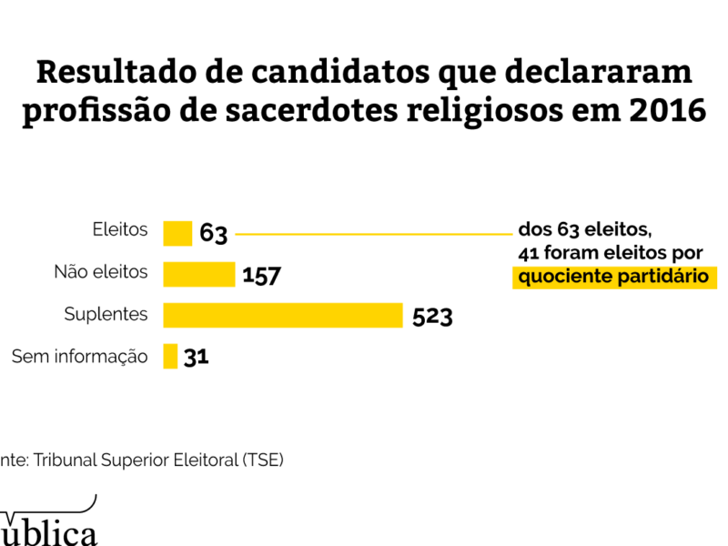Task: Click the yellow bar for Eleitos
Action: [177, 233]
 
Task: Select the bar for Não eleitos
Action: [199, 274]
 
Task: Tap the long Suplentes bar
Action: [283, 315]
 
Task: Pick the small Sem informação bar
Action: [170, 356]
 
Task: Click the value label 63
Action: [213, 234]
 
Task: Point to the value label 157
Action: [261, 275]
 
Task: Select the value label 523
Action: [432, 316]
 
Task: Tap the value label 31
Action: [197, 357]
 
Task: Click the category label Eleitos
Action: [120, 230]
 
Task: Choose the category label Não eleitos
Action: [101, 271]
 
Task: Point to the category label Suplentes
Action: [106, 314]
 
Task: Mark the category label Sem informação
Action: [79, 356]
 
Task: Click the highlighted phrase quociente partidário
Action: [613, 277]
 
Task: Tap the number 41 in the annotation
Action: [529, 252]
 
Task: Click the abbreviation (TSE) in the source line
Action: [263, 460]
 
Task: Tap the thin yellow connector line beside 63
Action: [373, 234]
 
